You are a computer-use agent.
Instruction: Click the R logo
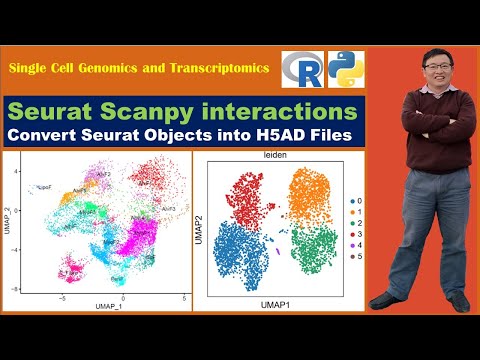tap(301, 68)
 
